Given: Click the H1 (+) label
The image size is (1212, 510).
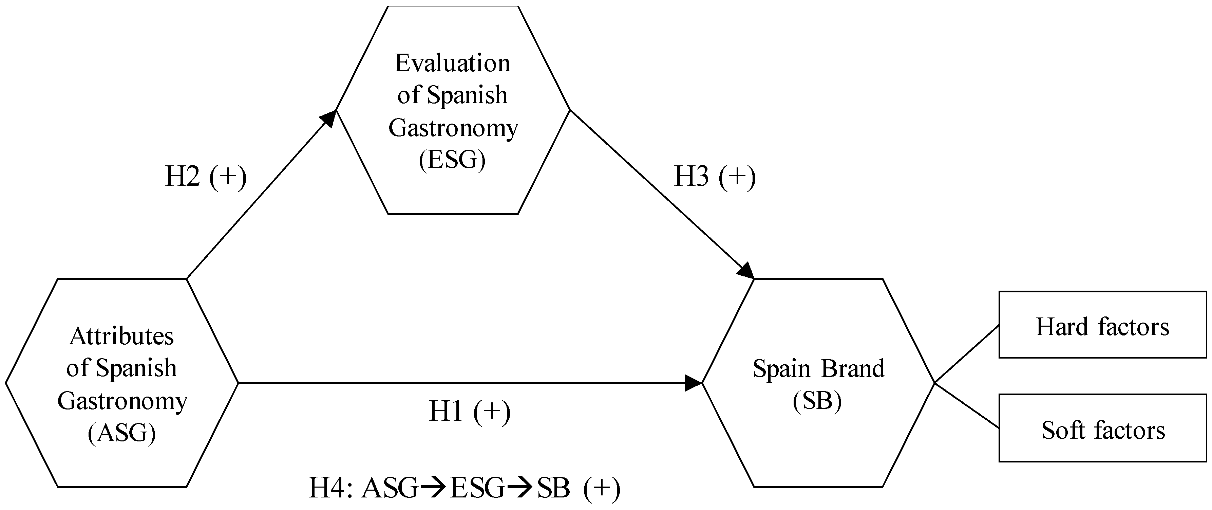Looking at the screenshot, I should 470,412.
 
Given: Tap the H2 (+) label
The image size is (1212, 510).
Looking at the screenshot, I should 206,177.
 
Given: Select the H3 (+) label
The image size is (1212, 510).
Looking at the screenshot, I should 715,177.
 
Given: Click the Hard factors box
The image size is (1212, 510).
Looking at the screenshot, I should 1102,325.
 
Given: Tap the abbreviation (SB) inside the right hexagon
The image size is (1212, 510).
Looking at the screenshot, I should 817,401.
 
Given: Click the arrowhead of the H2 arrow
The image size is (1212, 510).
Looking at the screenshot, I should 329,118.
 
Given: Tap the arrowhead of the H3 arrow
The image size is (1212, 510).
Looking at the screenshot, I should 746,271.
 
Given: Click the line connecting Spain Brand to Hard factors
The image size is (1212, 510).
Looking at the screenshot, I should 966,354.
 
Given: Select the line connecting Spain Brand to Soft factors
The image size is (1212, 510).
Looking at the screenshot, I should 966,405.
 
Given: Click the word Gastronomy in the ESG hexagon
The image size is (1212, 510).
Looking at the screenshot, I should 453,128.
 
